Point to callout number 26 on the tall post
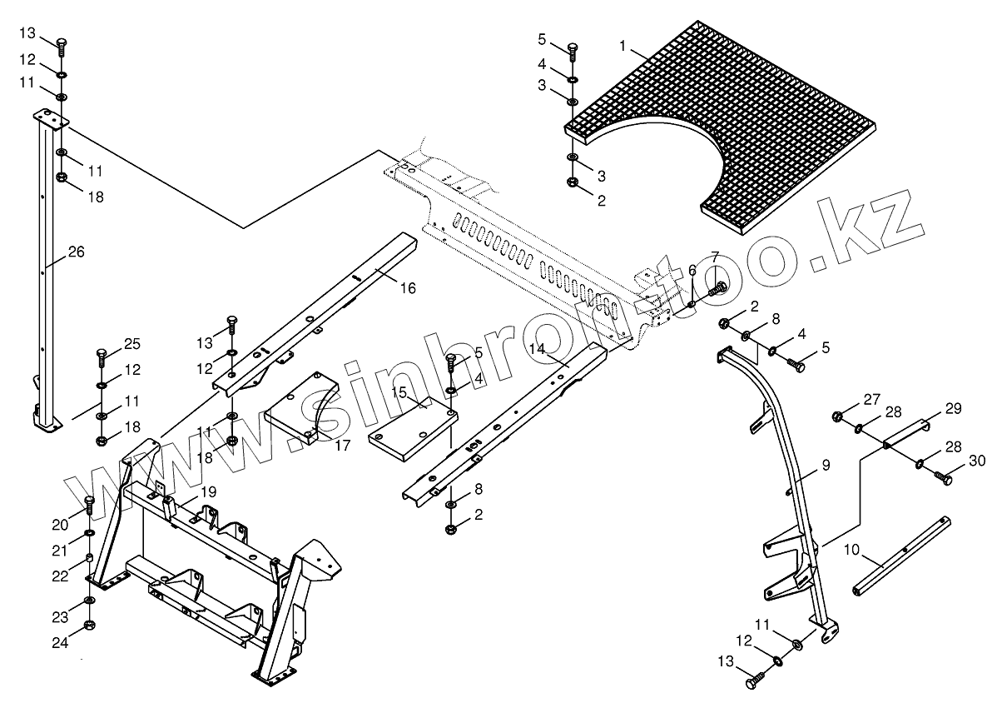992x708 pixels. click(x=76, y=251)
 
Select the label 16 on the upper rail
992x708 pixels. click(x=407, y=288)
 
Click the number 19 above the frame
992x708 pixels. click(x=207, y=491)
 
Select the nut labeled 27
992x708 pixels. click(x=838, y=414)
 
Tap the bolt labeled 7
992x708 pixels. click(x=719, y=287)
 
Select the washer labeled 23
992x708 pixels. click(x=89, y=600)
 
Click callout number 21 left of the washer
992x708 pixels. click(x=58, y=551)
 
